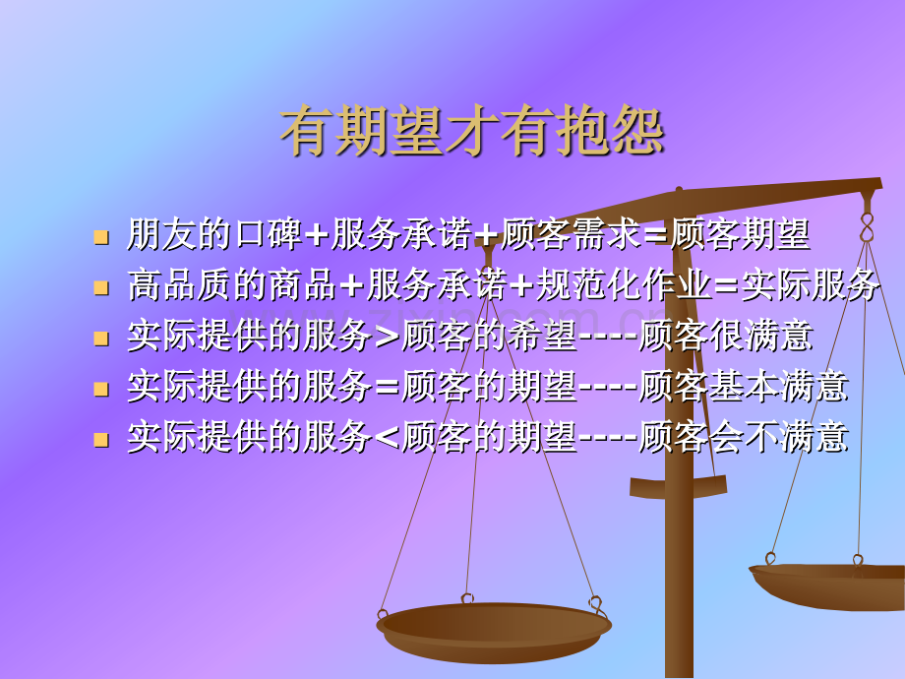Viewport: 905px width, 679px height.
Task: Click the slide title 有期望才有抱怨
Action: (x=472, y=132)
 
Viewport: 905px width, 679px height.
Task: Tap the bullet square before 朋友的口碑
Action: (x=100, y=236)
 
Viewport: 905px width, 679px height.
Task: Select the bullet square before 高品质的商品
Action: (x=100, y=287)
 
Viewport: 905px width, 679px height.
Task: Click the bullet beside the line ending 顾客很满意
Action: (x=100, y=339)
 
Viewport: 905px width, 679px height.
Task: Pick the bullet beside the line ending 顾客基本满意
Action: (x=100, y=389)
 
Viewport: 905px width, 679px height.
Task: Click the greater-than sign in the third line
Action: (x=387, y=338)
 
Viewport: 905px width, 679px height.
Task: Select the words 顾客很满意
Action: (x=726, y=337)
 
